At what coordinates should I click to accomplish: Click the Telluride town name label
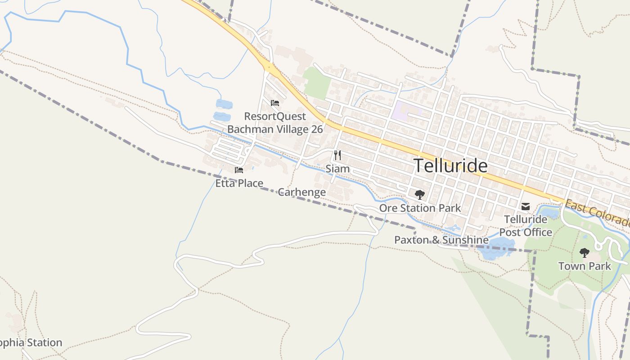pos(450,166)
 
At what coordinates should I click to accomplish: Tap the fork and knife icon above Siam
pos(337,155)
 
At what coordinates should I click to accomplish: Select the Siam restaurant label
pos(337,169)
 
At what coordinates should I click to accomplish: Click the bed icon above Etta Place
pos(239,170)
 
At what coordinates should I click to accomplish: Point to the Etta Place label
pos(239,183)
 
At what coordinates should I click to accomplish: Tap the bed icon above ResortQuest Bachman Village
pos(275,103)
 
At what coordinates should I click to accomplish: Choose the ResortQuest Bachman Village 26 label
pos(275,123)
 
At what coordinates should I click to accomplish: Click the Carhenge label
pos(301,192)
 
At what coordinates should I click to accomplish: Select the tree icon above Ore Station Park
pos(420,194)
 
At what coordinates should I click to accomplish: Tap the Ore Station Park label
pos(420,208)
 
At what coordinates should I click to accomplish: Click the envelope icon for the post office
pos(525,207)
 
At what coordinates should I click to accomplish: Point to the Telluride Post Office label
pos(526,226)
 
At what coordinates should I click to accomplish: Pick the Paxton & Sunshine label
pos(441,240)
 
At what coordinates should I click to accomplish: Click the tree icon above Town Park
pos(585,253)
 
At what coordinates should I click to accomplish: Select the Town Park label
pos(585,266)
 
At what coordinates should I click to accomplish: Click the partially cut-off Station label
pos(31,343)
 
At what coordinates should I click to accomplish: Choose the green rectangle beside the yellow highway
pos(317,84)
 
